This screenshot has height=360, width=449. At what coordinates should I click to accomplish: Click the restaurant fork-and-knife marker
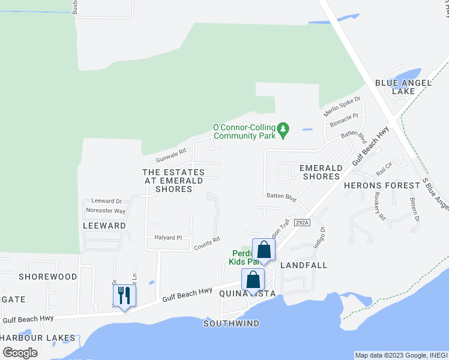pyautogui.click(x=124, y=295)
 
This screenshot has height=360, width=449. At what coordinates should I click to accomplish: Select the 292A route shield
pyautogui.click(x=302, y=223)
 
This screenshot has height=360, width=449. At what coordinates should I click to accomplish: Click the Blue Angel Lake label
pyautogui.click(x=395, y=87)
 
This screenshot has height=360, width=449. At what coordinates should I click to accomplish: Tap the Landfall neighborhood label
pyautogui.click(x=304, y=265)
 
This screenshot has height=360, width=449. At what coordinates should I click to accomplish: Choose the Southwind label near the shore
pyautogui.click(x=231, y=323)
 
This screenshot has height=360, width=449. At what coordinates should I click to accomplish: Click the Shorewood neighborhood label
pyautogui.click(x=48, y=277)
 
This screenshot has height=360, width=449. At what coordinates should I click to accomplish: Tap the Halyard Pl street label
pyautogui.click(x=167, y=238)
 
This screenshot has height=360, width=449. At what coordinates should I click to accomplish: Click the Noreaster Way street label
pyautogui.click(x=106, y=211)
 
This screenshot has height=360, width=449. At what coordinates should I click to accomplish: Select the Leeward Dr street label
pyautogui.click(x=106, y=201)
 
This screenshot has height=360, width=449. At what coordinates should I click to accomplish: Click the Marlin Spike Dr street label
pyautogui.click(x=342, y=106)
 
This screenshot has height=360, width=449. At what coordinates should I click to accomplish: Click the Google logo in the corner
pyautogui.click(x=20, y=353)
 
